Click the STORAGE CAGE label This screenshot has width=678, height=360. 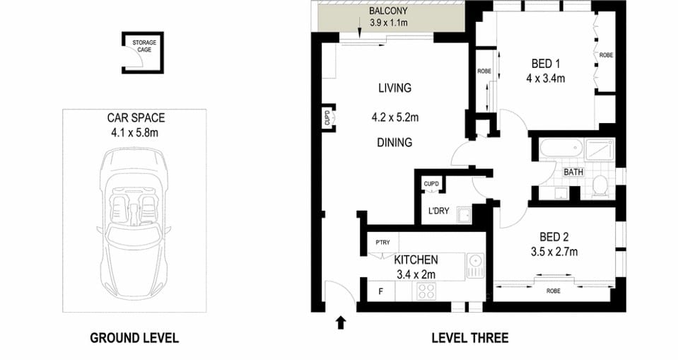(145, 47)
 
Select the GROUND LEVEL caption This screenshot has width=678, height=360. (134, 338)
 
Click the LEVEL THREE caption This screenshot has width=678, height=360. (469, 338)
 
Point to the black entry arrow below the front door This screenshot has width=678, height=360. (341, 323)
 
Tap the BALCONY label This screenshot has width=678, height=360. (387, 11)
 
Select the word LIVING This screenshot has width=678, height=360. (394, 88)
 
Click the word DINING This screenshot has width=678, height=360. (394, 142)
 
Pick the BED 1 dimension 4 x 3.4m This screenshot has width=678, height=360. (546, 79)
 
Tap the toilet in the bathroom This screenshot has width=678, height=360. (600, 186)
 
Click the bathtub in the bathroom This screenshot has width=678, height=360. (560, 149)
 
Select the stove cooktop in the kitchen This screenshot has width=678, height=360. (426, 291)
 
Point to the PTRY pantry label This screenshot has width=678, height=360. (382, 243)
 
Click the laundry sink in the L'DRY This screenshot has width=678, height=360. (464, 215)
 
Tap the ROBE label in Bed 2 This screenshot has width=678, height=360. (554, 290)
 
